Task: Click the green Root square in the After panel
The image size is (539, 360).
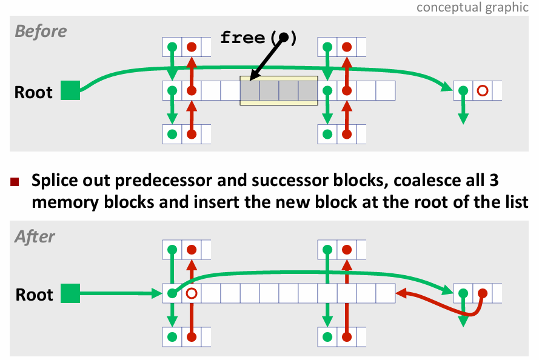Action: tap(70, 293)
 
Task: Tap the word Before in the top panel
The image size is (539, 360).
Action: tap(41, 31)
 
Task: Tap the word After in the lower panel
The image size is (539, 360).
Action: tap(35, 236)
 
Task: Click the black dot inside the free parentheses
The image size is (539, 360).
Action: tap(283, 38)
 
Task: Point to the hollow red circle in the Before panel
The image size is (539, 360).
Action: tap(483, 91)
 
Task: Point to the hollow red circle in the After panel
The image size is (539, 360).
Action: tap(192, 294)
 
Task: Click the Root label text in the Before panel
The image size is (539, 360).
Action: tap(34, 92)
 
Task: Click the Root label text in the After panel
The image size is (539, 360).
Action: tap(34, 295)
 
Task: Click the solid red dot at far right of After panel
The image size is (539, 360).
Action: tap(483, 294)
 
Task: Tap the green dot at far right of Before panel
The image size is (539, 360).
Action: tap(463, 91)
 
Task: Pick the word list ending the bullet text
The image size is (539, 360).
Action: tap(517, 201)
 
